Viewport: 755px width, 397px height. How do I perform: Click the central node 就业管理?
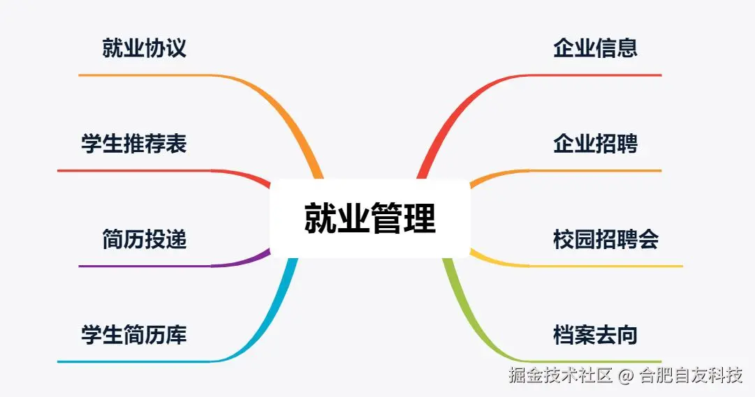tap(369, 218)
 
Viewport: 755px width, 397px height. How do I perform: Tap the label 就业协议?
tap(145, 49)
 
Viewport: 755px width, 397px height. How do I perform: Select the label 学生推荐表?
tap(134, 144)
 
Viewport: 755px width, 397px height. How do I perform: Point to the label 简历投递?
tap(145, 240)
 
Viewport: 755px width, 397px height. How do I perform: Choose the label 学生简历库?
tap(134, 336)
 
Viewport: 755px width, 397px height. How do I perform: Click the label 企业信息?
tap(595, 49)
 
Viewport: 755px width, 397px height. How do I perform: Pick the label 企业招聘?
tap(595, 144)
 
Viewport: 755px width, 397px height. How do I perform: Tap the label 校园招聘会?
tap(606, 240)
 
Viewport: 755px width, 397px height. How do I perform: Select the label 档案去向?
tap(595, 336)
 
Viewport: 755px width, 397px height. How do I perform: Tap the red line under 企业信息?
tap(594, 75)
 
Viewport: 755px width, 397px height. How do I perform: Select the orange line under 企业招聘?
tap(594, 170)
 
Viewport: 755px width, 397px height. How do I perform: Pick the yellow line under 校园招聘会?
tap(608, 266)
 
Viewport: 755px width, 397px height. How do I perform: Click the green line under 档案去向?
tap(594, 361)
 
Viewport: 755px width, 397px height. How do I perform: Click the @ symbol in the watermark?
tap(626, 376)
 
